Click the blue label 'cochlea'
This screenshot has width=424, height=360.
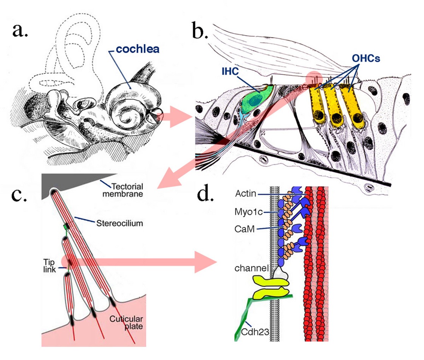(137, 49)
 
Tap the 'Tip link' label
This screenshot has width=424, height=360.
(50, 266)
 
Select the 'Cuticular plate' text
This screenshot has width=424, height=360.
(126, 322)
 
